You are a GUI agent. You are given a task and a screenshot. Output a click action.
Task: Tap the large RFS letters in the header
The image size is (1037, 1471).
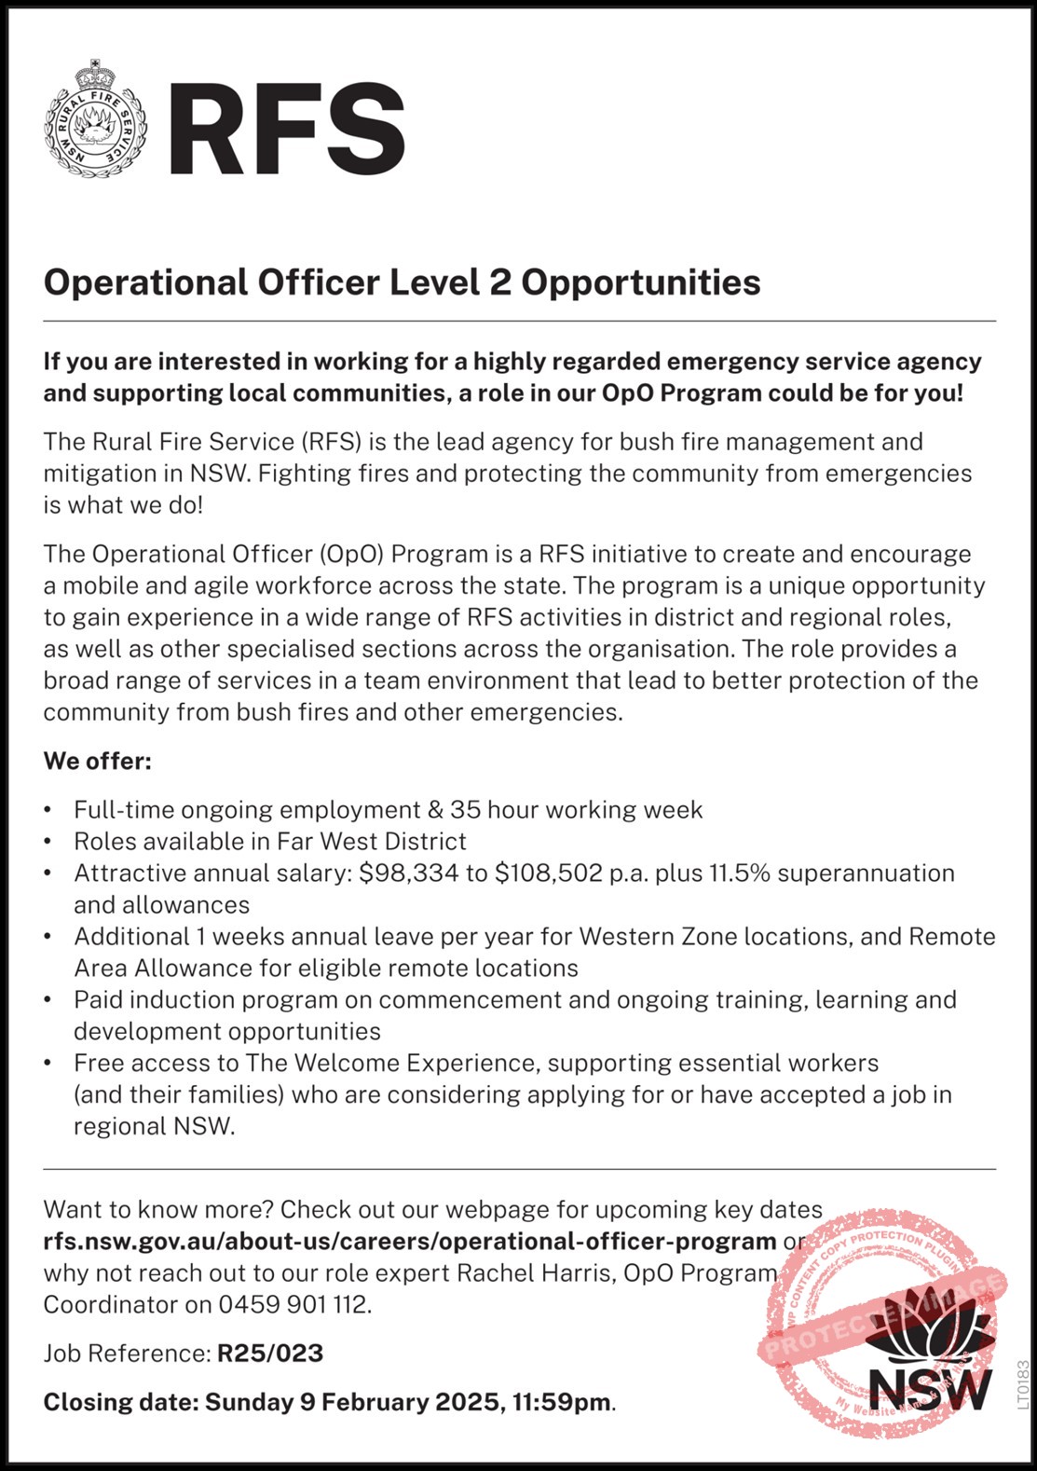point(286,129)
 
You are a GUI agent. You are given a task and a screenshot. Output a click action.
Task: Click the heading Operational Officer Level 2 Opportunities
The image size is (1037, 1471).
point(402,282)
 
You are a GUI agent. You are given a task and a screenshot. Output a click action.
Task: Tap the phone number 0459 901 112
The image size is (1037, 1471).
point(293,1304)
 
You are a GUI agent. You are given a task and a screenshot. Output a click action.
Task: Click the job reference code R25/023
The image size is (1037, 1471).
point(270,1353)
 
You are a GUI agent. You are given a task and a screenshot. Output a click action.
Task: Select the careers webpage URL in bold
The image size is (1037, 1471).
point(410,1241)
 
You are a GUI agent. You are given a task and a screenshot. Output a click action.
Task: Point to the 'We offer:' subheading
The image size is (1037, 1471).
point(97,761)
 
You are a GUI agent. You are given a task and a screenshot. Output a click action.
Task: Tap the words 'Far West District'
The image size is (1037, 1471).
point(372,841)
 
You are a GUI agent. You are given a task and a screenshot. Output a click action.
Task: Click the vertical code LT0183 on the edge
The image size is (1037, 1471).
point(1023,1385)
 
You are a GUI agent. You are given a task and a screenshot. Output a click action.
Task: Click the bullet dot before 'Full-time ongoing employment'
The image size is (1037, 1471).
point(49,810)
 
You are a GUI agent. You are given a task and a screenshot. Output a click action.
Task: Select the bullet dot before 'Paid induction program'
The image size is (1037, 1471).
point(49,1000)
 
